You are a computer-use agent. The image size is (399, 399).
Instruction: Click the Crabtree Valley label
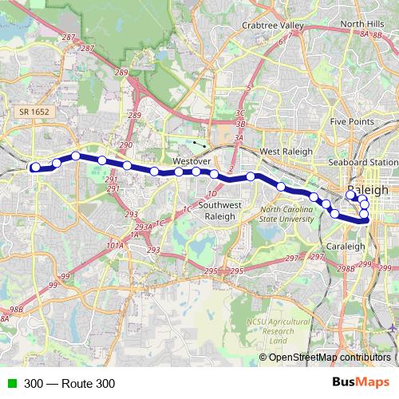273,26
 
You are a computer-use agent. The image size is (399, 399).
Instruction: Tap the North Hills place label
362,25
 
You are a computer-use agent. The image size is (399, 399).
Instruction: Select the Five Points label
352,121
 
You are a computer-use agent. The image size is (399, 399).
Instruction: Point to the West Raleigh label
281,151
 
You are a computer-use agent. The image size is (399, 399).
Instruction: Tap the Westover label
190,160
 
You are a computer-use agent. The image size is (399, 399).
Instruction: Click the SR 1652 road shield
35,113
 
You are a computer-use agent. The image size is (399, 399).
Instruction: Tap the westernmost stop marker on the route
35,167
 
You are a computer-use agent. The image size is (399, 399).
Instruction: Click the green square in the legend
13,384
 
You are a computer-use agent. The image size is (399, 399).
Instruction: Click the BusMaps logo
360,383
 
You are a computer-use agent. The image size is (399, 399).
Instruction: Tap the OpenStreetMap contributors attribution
330,358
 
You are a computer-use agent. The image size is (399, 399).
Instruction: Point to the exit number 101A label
115,246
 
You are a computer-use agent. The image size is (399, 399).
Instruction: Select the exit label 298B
346,268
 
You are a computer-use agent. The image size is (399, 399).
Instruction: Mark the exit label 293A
144,227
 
